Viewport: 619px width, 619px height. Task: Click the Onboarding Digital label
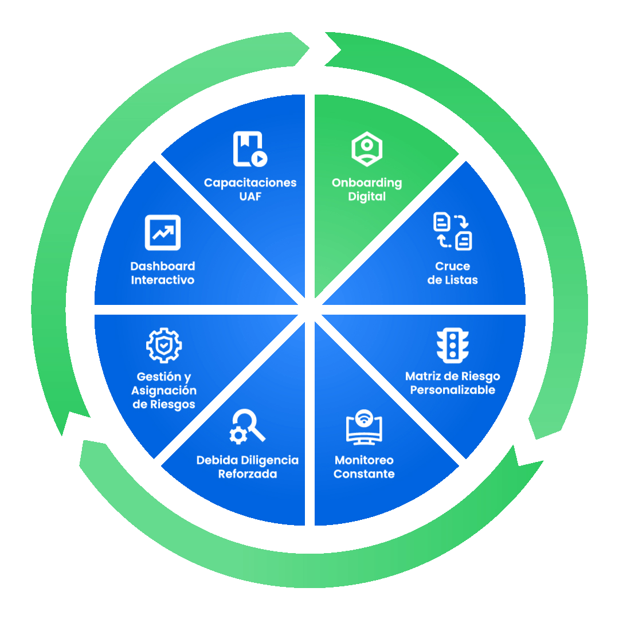[x=367, y=190]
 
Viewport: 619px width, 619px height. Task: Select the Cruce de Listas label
[x=452, y=273]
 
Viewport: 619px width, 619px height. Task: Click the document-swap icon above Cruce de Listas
[x=452, y=231]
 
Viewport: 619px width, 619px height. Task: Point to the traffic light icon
[x=452, y=346]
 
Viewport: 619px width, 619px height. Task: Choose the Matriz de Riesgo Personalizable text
[x=452, y=383]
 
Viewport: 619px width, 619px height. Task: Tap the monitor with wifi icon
[x=364, y=428]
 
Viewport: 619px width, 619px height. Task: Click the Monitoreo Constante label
[x=364, y=467]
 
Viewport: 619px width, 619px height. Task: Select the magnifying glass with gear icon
[x=248, y=426]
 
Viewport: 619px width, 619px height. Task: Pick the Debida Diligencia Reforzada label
[x=248, y=467]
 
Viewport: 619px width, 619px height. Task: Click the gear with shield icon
[x=164, y=346]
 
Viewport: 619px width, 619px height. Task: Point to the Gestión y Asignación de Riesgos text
[x=164, y=390]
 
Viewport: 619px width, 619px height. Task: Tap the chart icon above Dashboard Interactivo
[x=163, y=232]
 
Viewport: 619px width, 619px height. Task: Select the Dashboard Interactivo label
[x=163, y=273]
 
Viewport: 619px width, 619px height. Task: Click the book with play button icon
[x=250, y=149]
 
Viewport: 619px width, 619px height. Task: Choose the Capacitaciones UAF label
[x=250, y=190]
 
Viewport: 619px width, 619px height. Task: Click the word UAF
[x=250, y=197]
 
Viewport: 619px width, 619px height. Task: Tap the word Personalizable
[x=452, y=390]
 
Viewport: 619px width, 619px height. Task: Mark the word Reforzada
[x=248, y=474]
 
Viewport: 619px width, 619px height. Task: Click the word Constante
[x=364, y=474]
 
